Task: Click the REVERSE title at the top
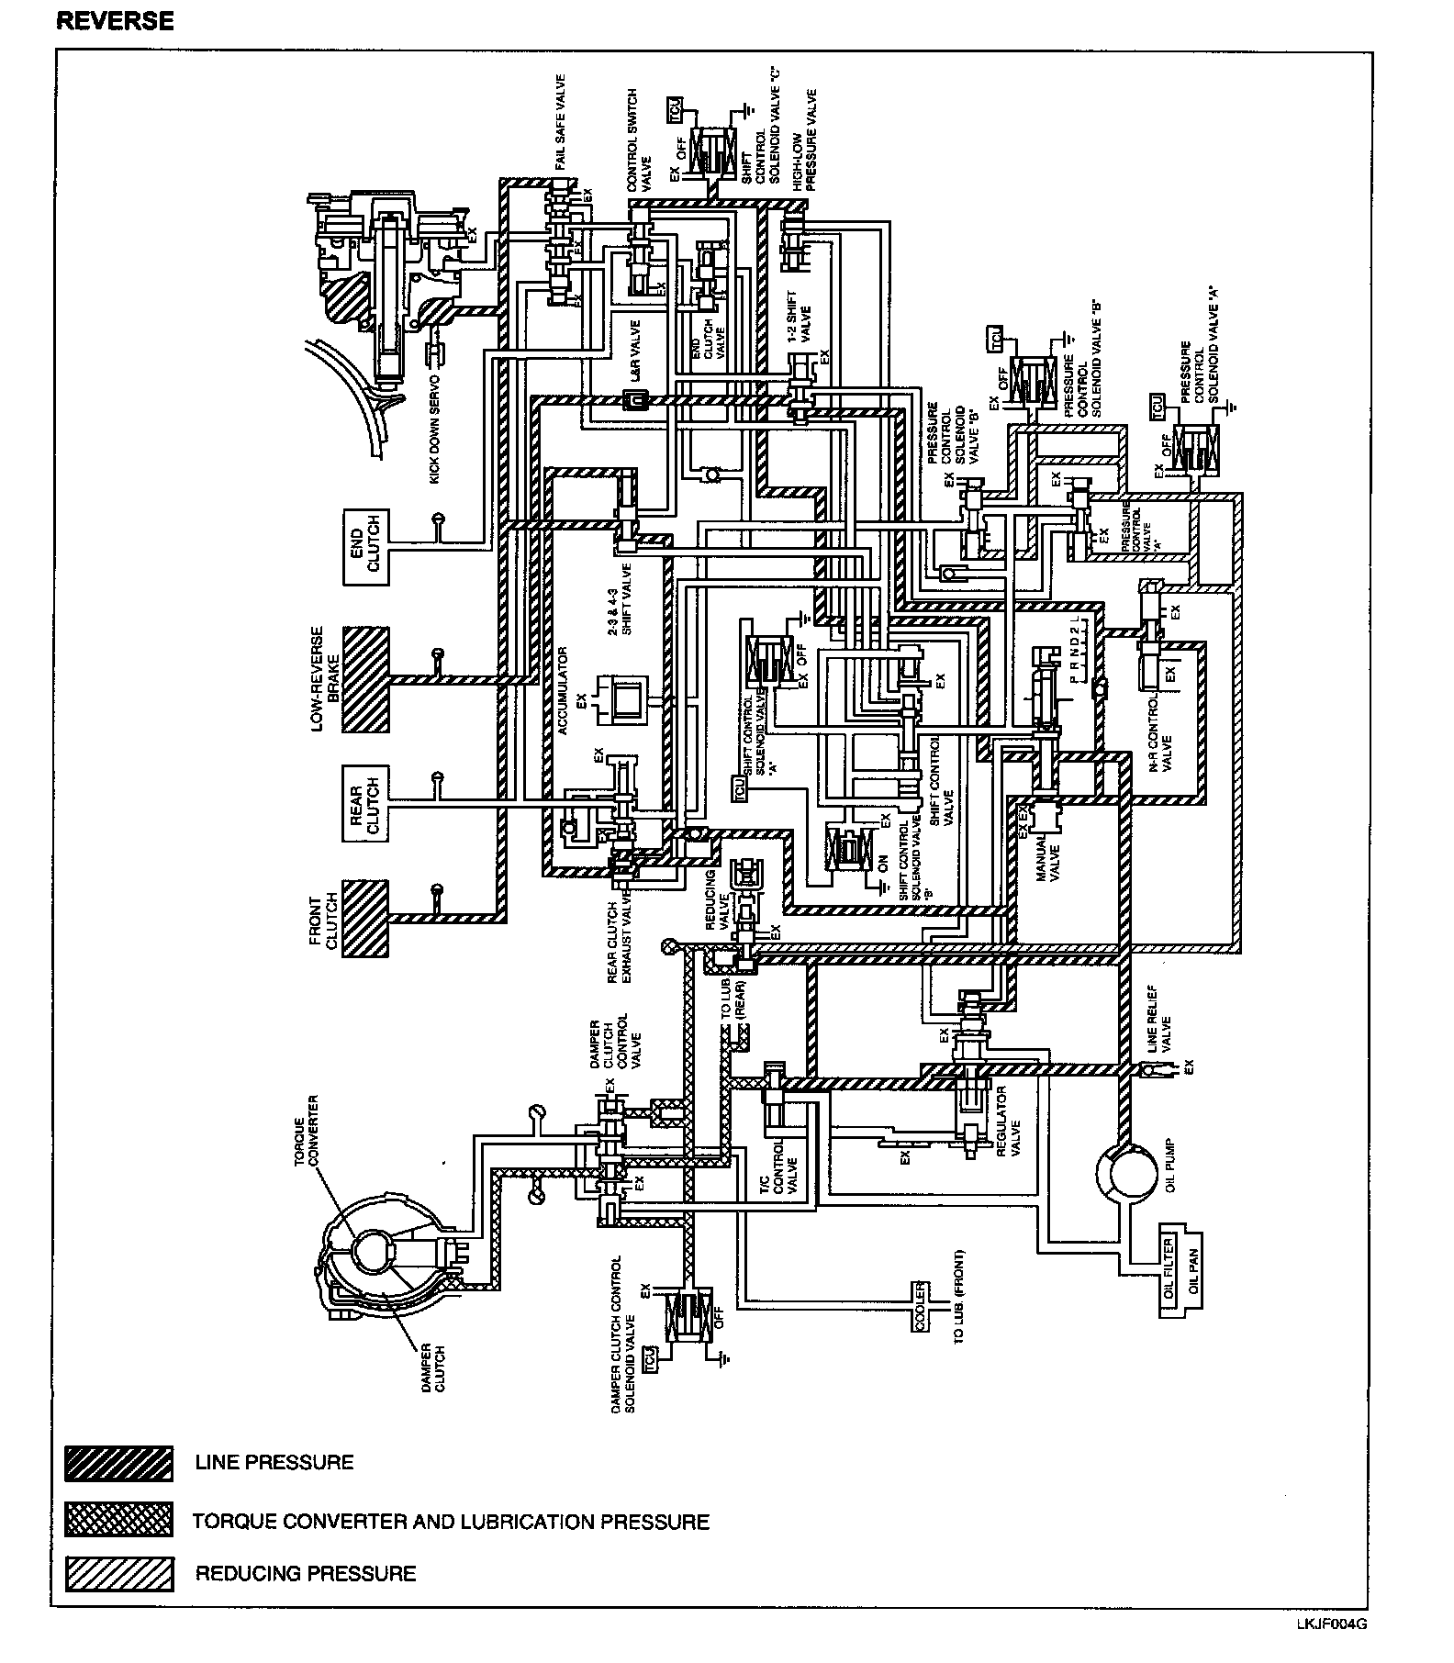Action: [x=115, y=20]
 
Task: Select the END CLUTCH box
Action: [x=366, y=547]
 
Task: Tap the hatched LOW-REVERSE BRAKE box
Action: [x=365, y=679]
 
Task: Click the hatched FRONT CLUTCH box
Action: [x=365, y=919]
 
